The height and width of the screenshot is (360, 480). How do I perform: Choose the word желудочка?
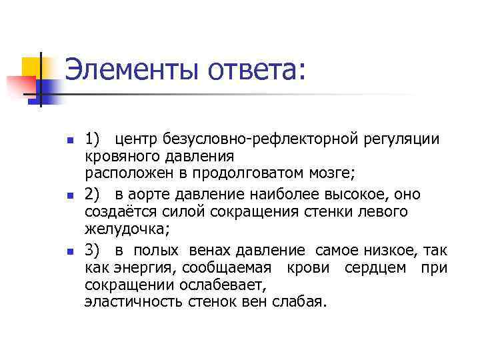pyautogui.click(x=125, y=229)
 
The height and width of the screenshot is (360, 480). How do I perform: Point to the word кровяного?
pyautogui.click(x=117, y=156)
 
